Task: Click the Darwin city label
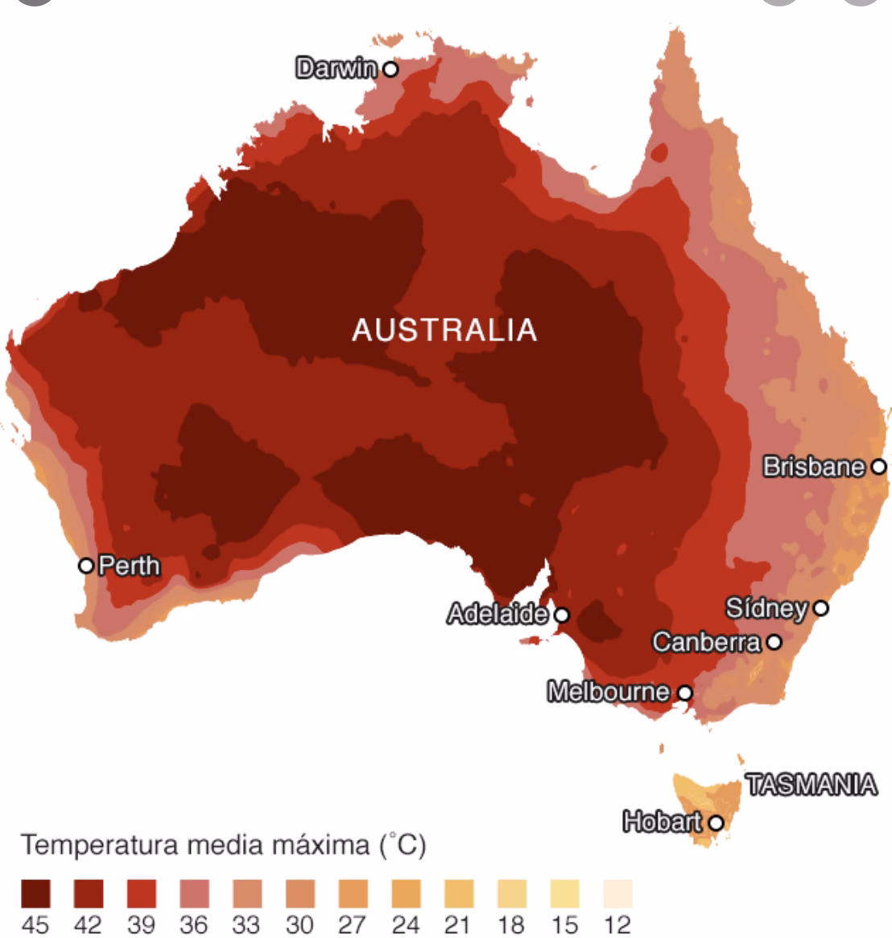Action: point(337,68)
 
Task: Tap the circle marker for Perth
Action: point(86,565)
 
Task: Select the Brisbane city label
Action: point(814,467)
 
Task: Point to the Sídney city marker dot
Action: point(820,607)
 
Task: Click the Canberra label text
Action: point(706,642)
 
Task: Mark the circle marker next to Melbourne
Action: point(684,692)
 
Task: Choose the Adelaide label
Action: point(497,615)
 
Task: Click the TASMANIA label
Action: point(811,784)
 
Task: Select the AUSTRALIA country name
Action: point(444,330)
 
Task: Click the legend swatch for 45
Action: point(35,894)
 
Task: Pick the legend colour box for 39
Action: point(141,894)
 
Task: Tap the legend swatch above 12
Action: point(617,894)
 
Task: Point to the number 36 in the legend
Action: point(193,924)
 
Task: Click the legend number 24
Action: point(405,924)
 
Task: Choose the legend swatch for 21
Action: point(458,894)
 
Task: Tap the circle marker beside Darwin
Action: point(390,69)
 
